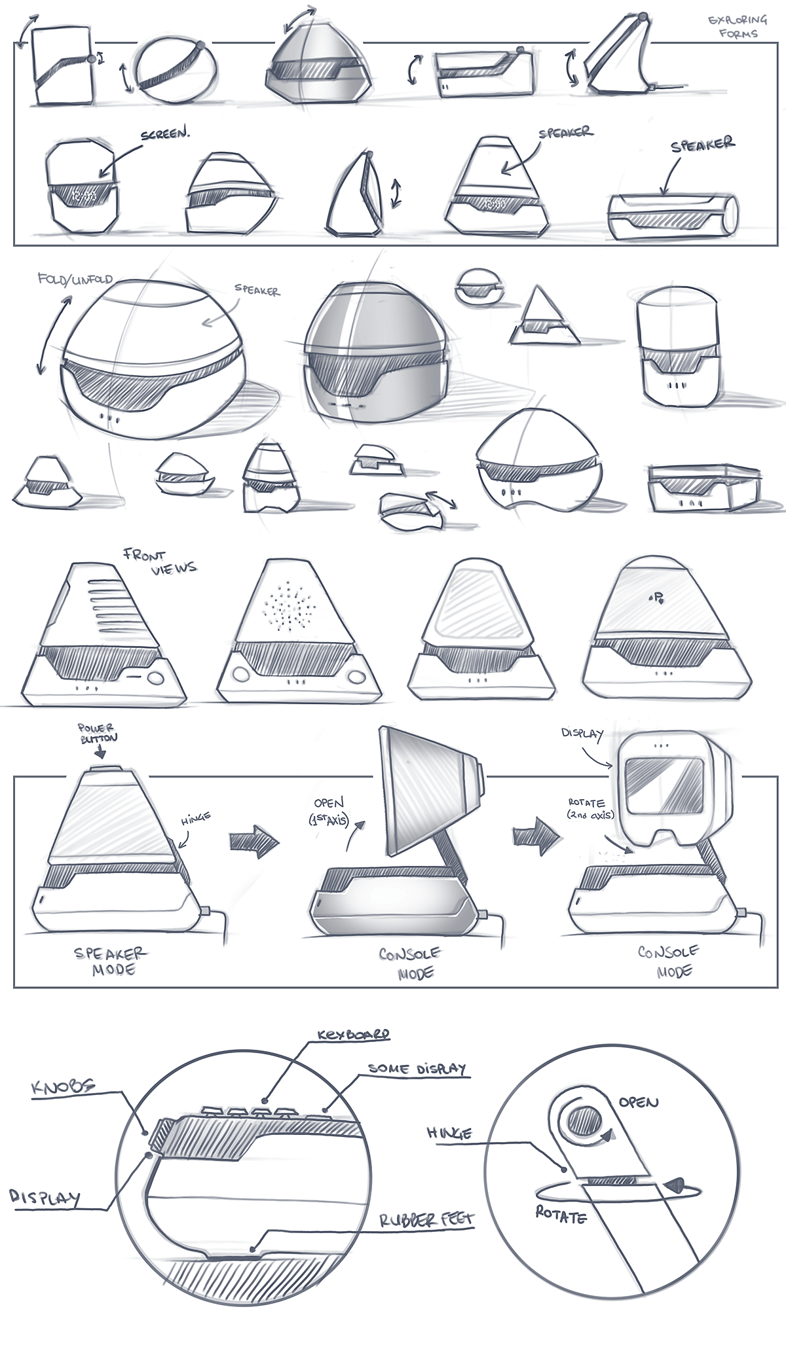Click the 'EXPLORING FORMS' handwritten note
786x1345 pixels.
click(737, 26)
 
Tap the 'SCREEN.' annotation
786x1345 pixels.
click(165, 135)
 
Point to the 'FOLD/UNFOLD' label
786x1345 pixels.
click(75, 279)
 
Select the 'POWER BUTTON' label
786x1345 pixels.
click(98, 732)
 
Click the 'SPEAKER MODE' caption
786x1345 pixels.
click(111, 961)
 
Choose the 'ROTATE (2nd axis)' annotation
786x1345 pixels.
click(590, 808)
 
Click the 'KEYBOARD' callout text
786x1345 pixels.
click(353, 1035)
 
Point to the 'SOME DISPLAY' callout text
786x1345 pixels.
click(417, 1069)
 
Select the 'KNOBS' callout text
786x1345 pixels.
click(64, 1088)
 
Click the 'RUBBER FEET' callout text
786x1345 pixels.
click(426, 1220)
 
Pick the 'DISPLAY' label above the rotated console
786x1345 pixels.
click(582, 734)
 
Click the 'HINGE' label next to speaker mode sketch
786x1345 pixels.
click(195, 817)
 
